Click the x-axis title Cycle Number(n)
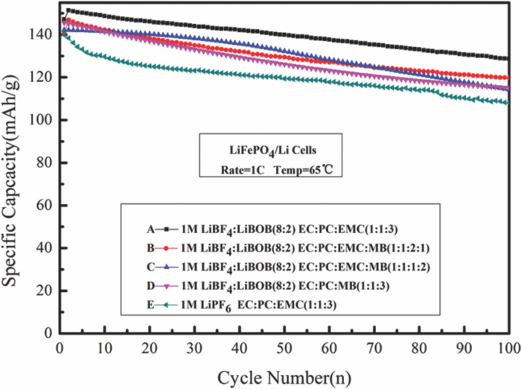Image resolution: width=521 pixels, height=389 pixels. [284, 378]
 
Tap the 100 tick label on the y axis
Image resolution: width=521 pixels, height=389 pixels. [40, 120]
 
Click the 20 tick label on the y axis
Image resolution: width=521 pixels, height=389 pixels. [45, 290]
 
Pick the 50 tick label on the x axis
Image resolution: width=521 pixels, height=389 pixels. [284, 348]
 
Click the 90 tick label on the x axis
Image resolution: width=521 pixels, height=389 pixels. [463, 348]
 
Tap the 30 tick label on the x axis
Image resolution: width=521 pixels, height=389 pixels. [195, 348]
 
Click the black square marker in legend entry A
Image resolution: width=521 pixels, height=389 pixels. [166, 229]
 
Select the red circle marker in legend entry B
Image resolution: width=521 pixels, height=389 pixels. [166, 248]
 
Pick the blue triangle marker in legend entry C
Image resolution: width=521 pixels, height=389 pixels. [166, 267]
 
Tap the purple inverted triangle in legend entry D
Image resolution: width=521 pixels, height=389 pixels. [166, 286]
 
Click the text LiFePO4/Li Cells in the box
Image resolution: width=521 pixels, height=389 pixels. [273, 150]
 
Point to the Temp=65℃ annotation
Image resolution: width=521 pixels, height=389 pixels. [303, 169]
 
